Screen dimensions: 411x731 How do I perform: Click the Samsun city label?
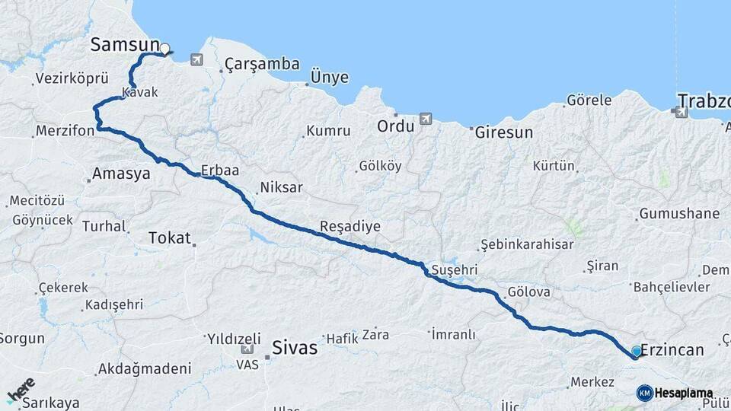pos(125,45)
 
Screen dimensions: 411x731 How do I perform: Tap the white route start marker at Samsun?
pos(164,49)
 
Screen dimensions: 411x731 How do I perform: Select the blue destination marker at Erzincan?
pos(637,352)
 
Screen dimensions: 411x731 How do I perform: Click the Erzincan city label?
pos(672,349)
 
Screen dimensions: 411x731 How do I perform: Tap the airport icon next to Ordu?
pos(425,119)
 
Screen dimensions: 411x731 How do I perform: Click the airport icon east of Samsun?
pos(197,59)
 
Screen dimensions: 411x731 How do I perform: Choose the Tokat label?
pos(170,237)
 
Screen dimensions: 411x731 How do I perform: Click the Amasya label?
pos(121,174)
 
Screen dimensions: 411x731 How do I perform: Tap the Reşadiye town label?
pos(350,227)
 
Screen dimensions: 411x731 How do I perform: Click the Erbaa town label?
pos(220,170)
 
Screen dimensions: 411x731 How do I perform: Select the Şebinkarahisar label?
pos(526,244)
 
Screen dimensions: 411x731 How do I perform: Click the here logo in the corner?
pos(21,390)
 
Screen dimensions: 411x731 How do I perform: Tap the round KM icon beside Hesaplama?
pos(645,393)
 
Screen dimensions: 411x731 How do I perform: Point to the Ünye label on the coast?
pos(330,78)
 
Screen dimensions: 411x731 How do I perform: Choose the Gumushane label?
pos(679,214)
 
